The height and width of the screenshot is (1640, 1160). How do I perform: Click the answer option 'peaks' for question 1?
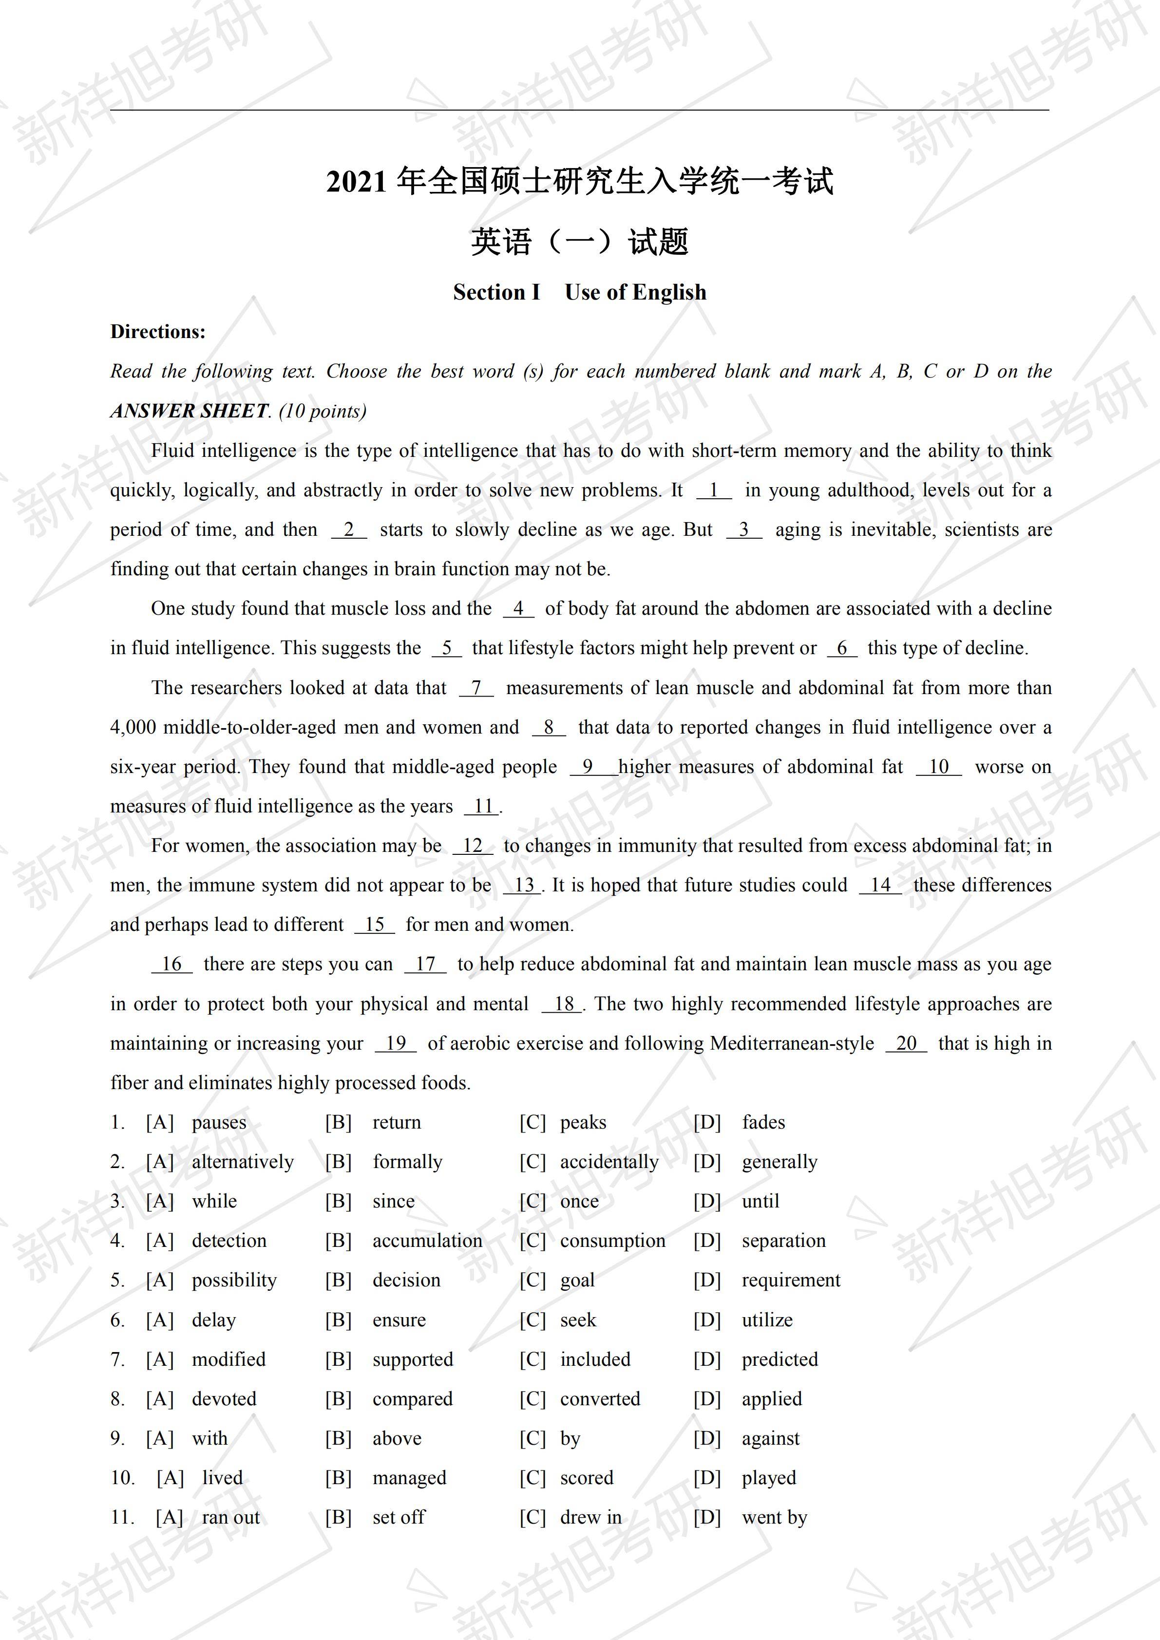582,1122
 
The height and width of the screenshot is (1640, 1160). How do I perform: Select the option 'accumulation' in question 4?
427,1241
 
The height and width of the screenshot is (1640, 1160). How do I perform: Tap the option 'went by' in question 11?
774,1517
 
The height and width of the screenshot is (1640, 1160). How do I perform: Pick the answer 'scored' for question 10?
587,1477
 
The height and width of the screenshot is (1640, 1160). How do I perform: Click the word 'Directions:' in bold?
158,331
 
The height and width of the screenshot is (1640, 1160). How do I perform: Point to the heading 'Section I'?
496,292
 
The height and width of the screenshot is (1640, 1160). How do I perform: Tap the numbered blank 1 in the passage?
714,490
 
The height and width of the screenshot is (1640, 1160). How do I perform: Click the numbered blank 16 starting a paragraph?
171,964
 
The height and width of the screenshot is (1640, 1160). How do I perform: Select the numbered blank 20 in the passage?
906,1044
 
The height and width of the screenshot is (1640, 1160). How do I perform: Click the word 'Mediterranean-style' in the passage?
791,1044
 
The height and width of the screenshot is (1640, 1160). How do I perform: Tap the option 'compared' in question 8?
412,1398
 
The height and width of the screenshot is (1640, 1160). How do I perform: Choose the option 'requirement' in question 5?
791,1280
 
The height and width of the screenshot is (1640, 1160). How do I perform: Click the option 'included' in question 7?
595,1359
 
